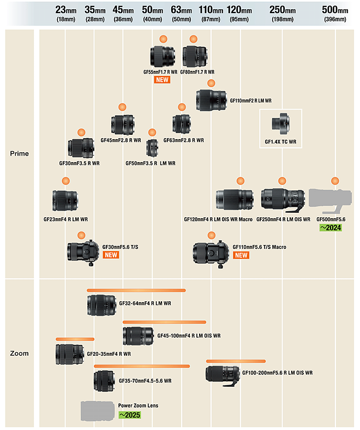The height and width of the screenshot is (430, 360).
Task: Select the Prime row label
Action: click(x=20, y=153)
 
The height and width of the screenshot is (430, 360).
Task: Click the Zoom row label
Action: click(x=20, y=353)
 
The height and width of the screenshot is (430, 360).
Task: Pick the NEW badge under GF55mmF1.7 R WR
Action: click(x=162, y=80)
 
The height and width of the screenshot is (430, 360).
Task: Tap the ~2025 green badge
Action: click(x=130, y=415)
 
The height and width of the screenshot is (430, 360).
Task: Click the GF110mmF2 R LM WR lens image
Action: click(x=212, y=100)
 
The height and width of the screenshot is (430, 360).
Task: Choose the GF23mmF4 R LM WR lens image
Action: click(x=66, y=201)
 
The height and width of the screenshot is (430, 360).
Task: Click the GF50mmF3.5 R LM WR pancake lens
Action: click(x=152, y=147)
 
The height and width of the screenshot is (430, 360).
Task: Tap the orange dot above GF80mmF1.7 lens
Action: click(x=193, y=39)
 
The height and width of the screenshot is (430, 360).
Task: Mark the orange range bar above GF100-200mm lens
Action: click(x=236, y=361)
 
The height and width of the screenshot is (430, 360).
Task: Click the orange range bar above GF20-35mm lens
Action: click(x=75, y=339)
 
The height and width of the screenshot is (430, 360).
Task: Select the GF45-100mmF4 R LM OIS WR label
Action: click(x=189, y=336)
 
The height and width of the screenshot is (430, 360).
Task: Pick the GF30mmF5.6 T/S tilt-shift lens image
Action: click(x=82, y=251)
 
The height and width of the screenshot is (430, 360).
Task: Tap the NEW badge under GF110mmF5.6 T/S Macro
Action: click(x=241, y=255)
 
